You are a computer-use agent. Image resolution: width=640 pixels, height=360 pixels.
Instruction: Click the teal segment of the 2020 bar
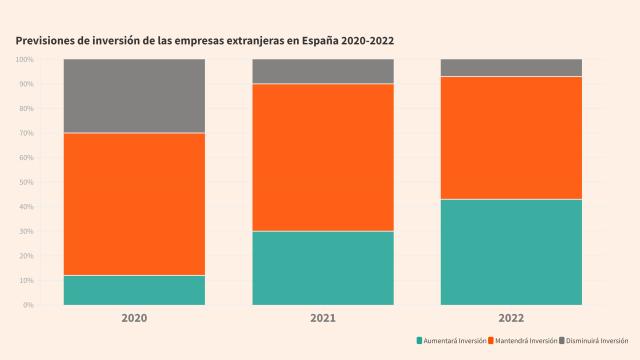coord(134,290)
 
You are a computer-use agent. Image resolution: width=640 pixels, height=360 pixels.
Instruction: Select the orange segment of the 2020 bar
coord(134,204)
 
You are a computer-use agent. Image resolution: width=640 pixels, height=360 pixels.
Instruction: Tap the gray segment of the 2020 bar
coord(134,96)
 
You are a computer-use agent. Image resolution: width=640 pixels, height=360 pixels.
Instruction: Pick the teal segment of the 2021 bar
coord(323,268)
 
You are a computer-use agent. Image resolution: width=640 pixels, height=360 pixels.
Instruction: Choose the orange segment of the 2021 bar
coord(323,157)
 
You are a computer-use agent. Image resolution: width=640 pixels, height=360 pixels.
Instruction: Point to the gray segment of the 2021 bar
coord(323,71)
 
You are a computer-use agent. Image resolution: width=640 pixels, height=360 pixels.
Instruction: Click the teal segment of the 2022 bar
coord(511,252)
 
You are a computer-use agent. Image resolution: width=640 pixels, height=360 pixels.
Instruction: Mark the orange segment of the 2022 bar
coord(511,138)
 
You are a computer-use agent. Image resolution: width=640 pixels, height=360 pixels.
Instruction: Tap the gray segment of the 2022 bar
coord(511,67)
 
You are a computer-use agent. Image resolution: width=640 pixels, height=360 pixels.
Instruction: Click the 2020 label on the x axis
coord(134,318)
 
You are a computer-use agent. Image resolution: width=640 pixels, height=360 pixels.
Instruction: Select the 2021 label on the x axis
coord(323,318)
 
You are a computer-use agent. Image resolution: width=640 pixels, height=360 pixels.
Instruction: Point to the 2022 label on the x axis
coord(511,318)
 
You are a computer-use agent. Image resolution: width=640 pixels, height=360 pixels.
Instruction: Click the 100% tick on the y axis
coord(25,60)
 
